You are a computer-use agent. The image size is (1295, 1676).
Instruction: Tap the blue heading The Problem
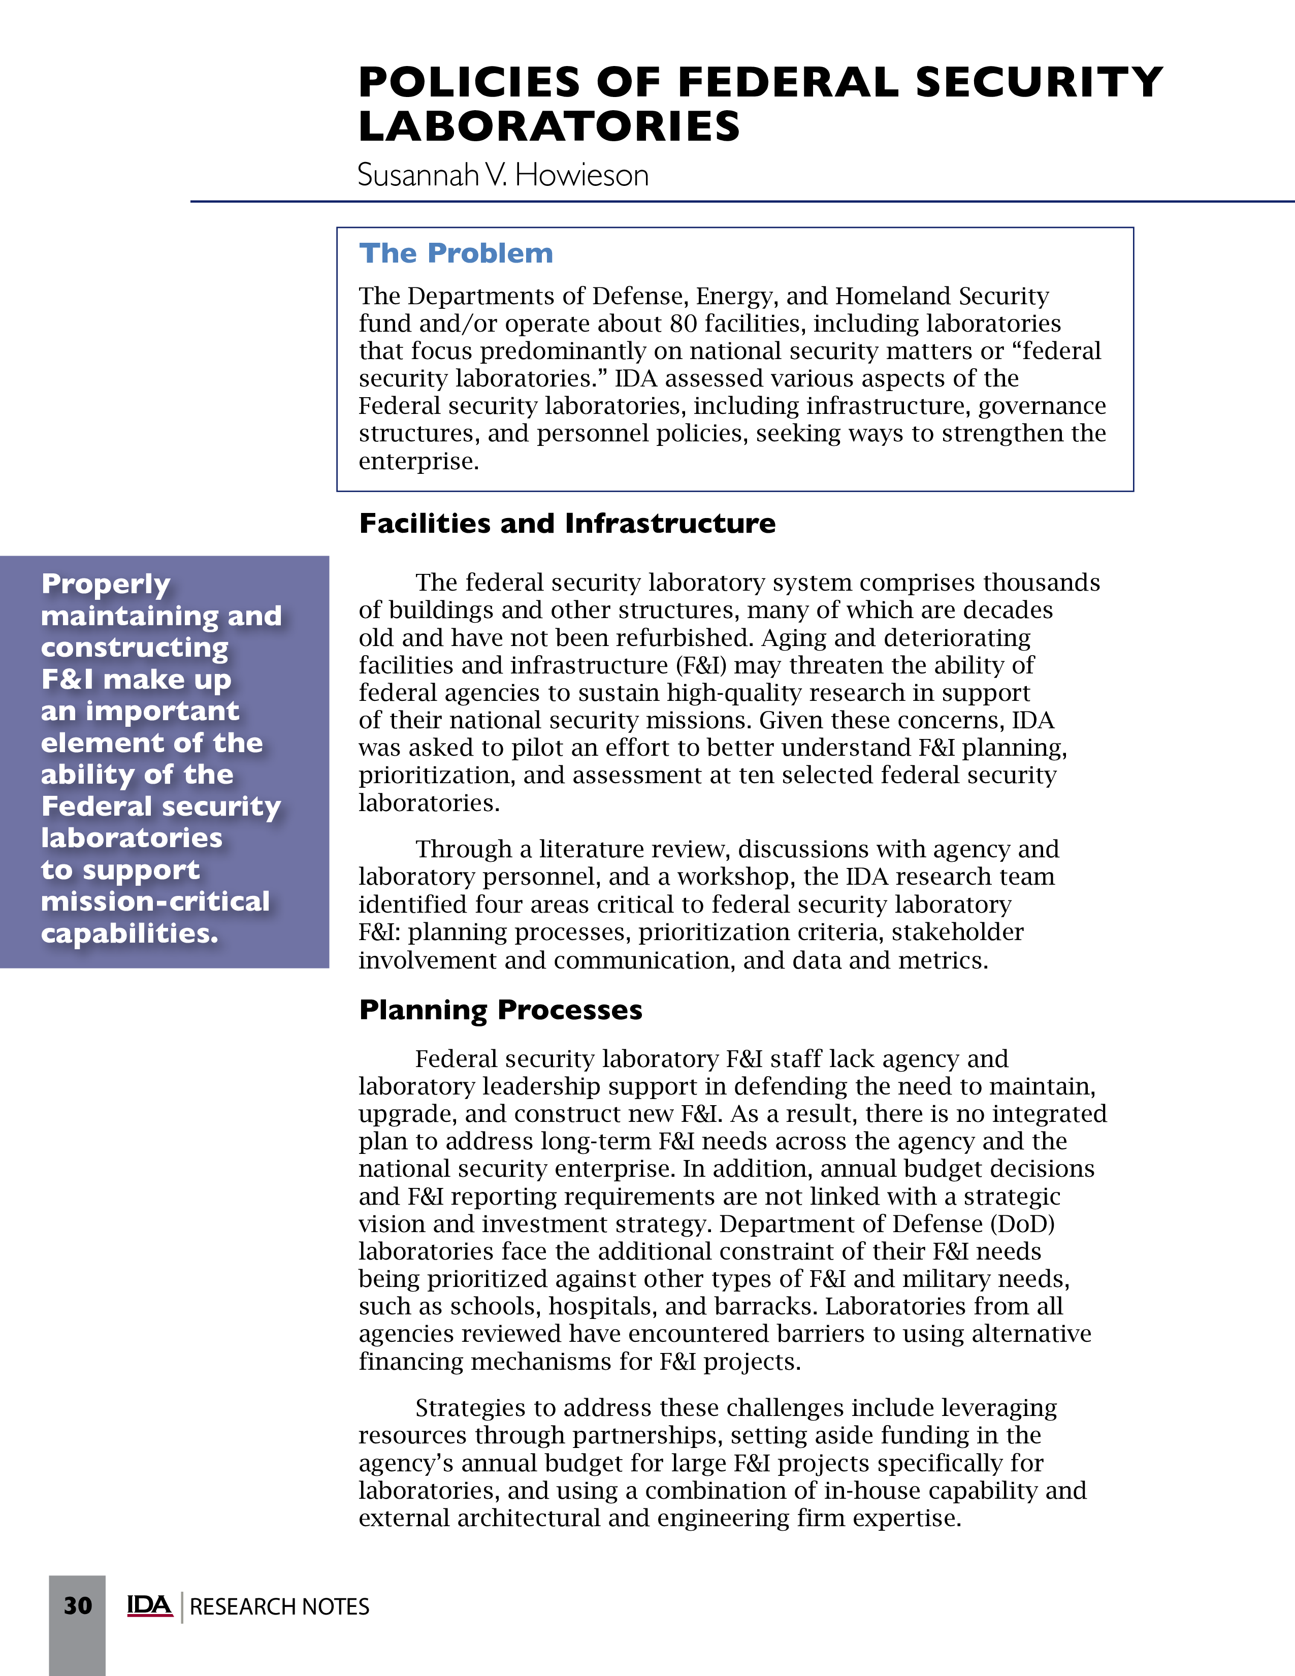[456, 253]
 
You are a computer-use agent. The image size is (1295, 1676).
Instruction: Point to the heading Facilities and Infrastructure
[567, 523]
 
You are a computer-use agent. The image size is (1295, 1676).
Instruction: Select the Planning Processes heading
[500, 1010]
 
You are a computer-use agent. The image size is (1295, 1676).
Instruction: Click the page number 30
[78, 1605]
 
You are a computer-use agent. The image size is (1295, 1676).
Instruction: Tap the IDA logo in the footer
[150, 1605]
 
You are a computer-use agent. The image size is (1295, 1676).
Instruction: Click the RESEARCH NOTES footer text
[279, 1606]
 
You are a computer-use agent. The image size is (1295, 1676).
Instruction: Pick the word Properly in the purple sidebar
[105, 585]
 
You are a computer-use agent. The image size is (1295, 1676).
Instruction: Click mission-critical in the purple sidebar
[155, 901]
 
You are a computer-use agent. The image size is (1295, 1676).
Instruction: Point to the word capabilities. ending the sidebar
[129, 934]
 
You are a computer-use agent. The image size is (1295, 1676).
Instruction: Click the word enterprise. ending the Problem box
[419, 461]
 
